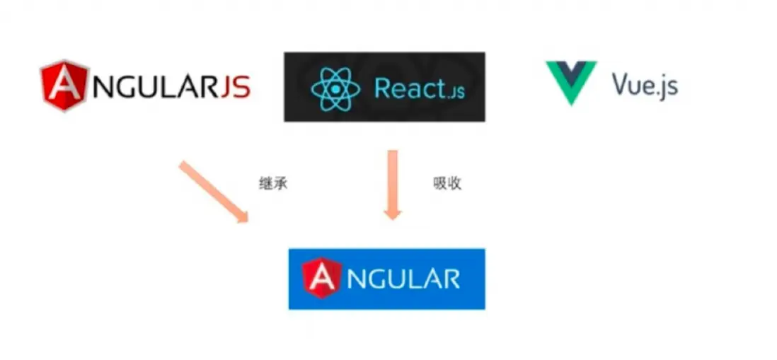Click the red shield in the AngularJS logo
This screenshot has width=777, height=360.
(x=65, y=86)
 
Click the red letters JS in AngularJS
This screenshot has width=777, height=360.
(x=234, y=87)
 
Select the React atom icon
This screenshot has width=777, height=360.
(x=335, y=89)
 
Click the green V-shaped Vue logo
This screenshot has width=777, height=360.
(x=571, y=83)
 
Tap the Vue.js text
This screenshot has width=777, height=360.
(x=645, y=85)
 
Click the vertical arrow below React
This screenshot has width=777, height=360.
(x=393, y=185)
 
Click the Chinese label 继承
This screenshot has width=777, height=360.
(x=273, y=184)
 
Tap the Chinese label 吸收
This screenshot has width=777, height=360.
(x=447, y=183)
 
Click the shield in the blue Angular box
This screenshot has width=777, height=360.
(x=321, y=278)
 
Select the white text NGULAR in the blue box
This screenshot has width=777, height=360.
(x=403, y=279)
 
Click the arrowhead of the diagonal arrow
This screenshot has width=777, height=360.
(x=241, y=216)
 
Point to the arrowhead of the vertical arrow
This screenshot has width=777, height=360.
(x=393, y=214)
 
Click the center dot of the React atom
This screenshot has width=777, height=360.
(x=336, y=90)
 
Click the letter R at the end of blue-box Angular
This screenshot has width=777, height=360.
(x=451, y=279)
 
